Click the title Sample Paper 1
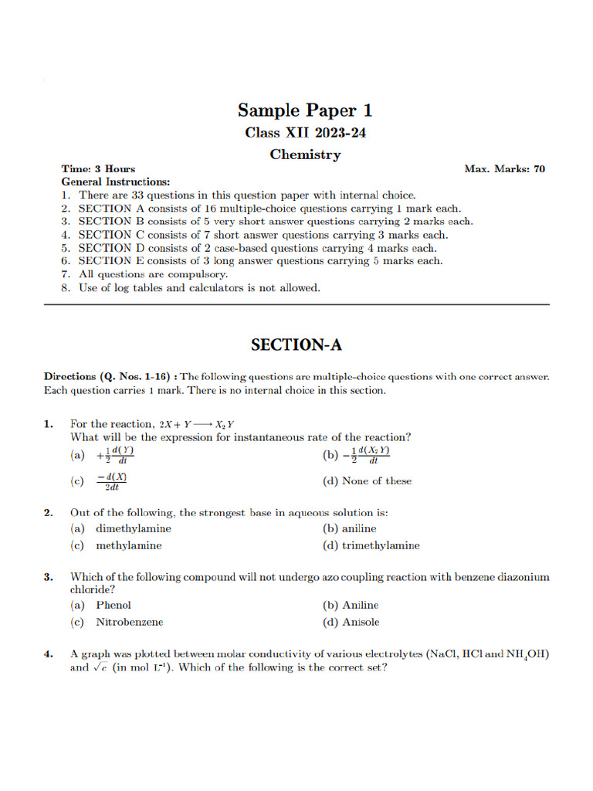click(x=305, y=110)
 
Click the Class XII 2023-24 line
click(x=305, y=132)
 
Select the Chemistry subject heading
click(x=305, y=154)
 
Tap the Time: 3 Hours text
click(x=98, y=168)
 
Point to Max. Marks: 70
click(x=504, y=168)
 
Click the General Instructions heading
click(x=116, y=182)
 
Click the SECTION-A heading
click(x=296, y=345)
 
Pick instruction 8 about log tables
click(x=190, y=287)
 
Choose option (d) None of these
click(x=367, y=480)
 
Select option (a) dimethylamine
click(x=121, y=528)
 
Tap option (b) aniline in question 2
click(x=349, y=528)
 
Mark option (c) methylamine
click(x=117, y=545)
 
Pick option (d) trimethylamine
click(x=371, y=545)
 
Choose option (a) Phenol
click(x=101, y=605)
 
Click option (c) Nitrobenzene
click(x=117, y=622)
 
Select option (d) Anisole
click(x=351, y=622)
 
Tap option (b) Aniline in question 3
click(x=351, y=605)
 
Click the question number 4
click(x=48, y=654)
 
